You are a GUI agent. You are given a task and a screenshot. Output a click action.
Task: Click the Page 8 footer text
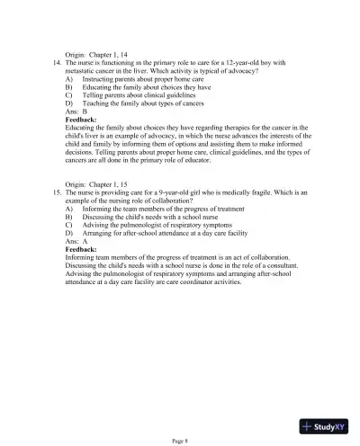pyautogui.click(x=180, y=440)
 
